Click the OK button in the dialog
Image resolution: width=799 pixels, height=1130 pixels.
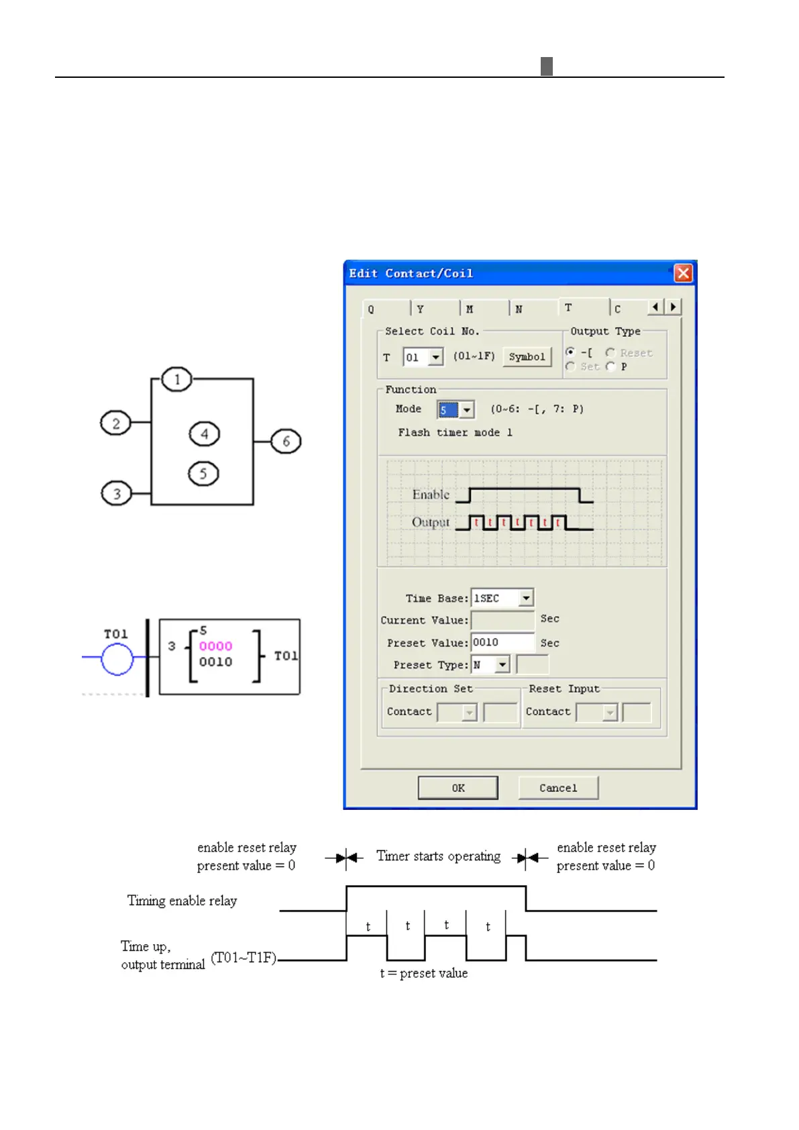click(458, 788)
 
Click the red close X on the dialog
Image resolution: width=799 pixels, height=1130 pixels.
click(683, 273)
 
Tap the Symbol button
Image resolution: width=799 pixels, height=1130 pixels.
click(527, 356)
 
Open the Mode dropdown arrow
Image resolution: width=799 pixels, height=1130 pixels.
click(467, 409)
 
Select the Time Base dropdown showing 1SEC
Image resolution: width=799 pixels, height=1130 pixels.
click(502, 597)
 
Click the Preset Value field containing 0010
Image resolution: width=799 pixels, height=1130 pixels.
click(502, 642)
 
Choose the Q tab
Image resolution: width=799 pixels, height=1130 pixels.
click(385, 309)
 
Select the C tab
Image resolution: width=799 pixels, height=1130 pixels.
click(627, 309)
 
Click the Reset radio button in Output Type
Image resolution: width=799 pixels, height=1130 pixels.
click(610, 352)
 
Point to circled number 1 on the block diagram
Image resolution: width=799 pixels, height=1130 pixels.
click(177, 380)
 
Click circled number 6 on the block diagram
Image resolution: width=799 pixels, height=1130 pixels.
click(286, 442)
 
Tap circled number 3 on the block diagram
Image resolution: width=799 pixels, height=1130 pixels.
click(116, 494)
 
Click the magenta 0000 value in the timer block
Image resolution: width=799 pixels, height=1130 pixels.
click(215, 646)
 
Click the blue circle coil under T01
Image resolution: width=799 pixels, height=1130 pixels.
click(117, 658)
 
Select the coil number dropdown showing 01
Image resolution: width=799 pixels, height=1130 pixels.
click(423, 356)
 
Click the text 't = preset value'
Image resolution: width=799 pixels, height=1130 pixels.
click(423, 973)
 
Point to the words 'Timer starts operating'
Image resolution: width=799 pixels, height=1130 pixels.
click(438, 856)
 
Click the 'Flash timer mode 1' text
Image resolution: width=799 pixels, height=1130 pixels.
click(455, 433)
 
